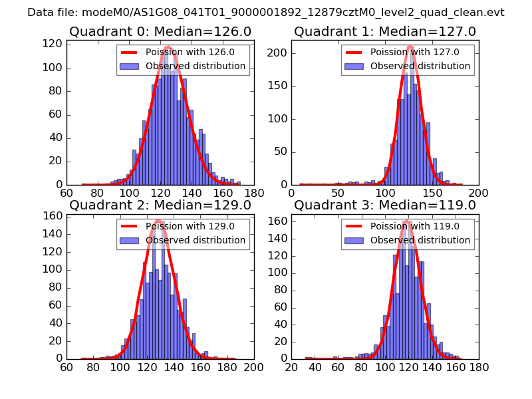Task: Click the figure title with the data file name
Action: [x=265, y=13]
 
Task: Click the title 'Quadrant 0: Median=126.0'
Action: [x=160, y=31]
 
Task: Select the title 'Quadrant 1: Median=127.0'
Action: [x=385, y=31]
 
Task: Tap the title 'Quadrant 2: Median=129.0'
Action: [x=160, y=205]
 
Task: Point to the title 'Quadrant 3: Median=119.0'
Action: [x=385, y=205]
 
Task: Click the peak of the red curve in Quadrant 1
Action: [x=410, y=47]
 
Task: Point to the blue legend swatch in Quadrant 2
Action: [x=129, y=240]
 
